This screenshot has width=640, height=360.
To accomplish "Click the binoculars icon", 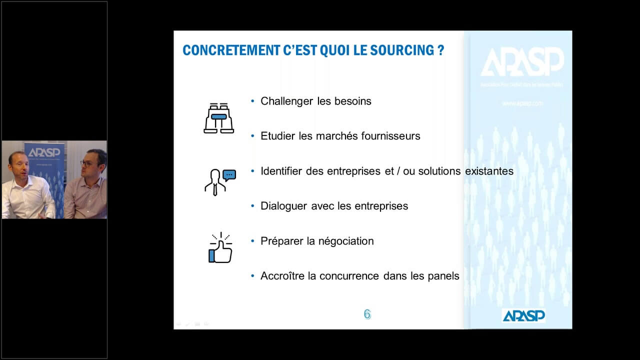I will point(218,118).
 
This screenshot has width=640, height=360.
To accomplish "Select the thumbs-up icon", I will point(219,247).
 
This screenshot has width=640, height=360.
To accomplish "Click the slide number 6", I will point(367,314).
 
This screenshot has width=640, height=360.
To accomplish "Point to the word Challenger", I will point(287,101).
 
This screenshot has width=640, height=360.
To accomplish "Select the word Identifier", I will point(281,171).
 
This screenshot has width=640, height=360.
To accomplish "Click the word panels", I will point(443,276).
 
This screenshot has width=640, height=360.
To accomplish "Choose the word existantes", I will point(489,171).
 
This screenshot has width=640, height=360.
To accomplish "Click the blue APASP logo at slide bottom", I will point(523,315).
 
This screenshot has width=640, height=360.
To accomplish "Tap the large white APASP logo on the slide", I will point(522,62).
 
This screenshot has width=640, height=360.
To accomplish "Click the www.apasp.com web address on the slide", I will point(522,103).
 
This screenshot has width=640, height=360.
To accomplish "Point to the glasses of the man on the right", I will point(87,163).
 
